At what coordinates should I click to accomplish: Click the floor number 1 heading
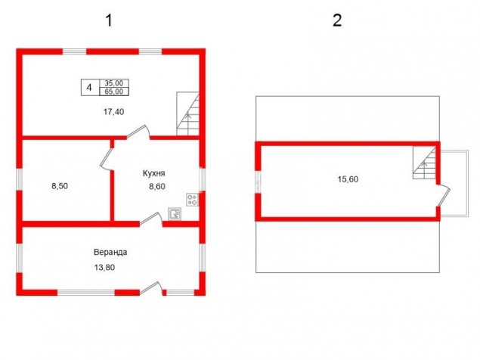pos(109,21)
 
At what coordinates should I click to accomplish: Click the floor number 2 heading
pos(337,21)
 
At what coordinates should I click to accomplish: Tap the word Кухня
pos(154,173)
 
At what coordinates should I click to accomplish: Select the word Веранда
pos(110,253)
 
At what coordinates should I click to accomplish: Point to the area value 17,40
pos(113,112)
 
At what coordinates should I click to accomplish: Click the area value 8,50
pos(60,186)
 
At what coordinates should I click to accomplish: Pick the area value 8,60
pos(157,186)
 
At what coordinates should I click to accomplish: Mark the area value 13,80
pos(104,268)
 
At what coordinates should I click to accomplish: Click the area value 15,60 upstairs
pos(348,179)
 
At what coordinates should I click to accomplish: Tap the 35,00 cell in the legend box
pos(114,83)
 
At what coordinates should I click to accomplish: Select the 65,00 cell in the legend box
pos(114,92)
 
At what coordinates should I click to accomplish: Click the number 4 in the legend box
pos(89,88)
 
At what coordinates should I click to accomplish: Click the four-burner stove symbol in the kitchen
pos(193,200)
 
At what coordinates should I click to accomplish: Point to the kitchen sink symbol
pos(175,213)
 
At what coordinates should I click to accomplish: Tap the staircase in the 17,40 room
pos(188,114)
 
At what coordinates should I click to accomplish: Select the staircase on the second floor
pos(425,163)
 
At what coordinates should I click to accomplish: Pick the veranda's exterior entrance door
pos(151,288)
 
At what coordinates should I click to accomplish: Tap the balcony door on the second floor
pos(444,195)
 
